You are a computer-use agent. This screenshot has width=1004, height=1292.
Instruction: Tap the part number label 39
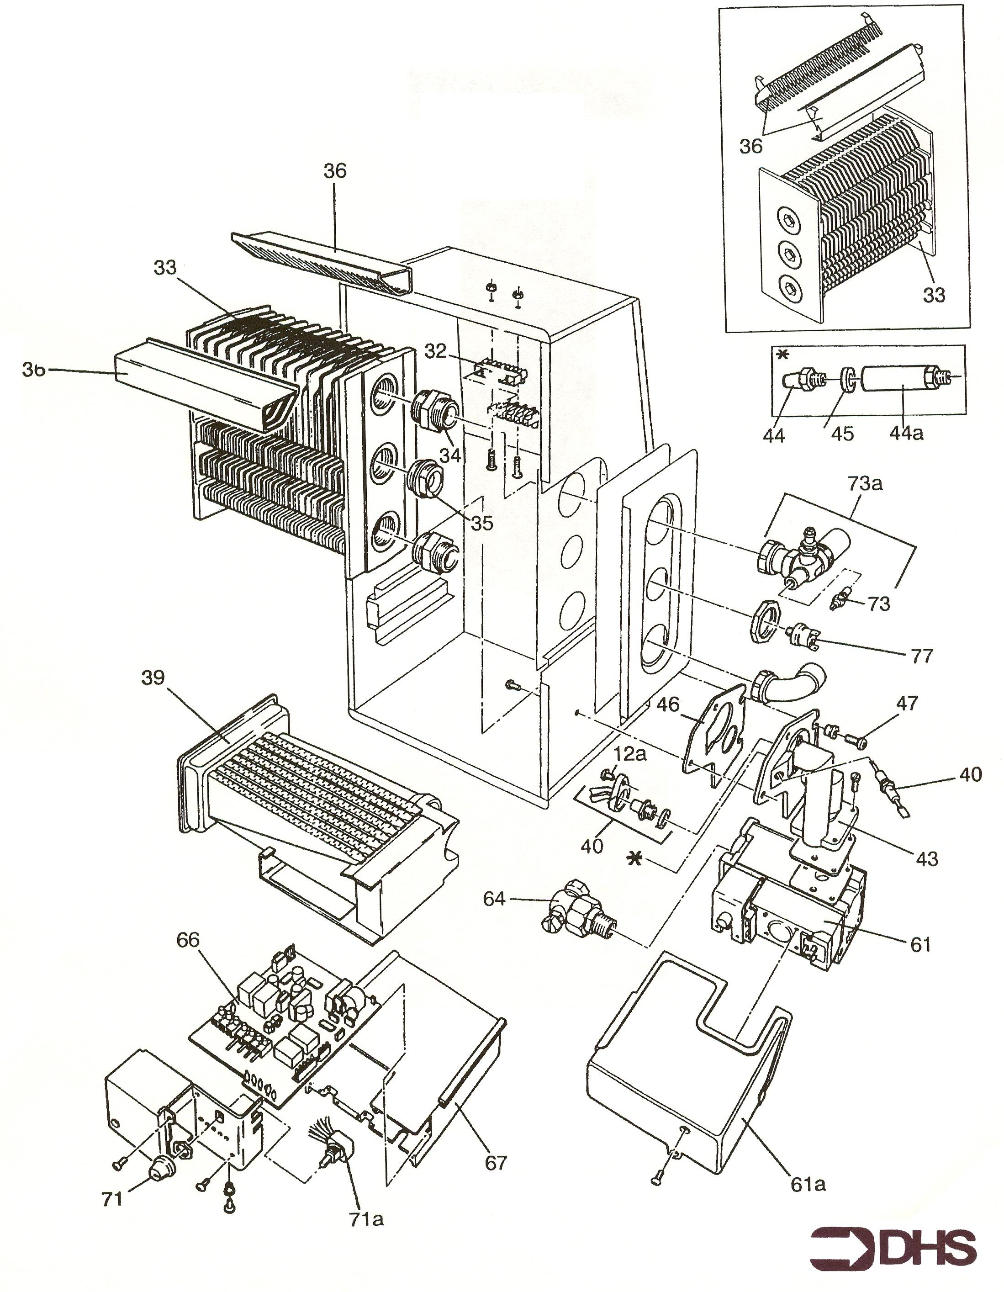(x=153, y=678)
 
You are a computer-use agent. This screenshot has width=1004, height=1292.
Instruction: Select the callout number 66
(x=188, y=939)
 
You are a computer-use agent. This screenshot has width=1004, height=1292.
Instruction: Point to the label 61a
(x=808, y=1184)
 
